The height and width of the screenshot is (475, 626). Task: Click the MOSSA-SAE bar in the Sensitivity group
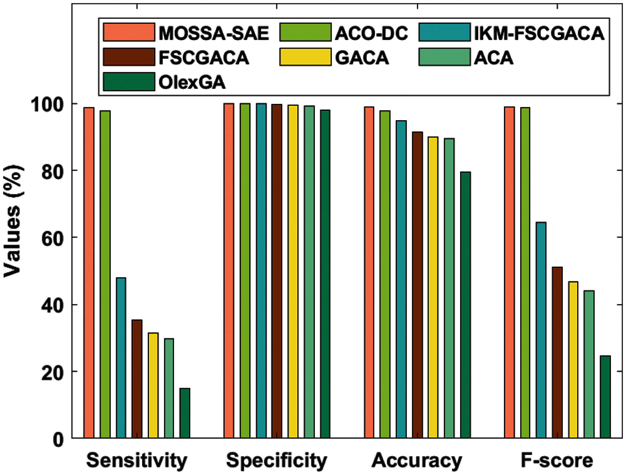89,273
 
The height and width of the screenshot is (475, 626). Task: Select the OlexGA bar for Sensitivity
185,413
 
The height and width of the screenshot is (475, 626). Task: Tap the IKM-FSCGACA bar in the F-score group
541,330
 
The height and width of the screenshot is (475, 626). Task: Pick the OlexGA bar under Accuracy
465,305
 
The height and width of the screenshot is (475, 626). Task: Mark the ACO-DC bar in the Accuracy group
385,274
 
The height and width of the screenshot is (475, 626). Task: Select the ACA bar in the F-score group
589,365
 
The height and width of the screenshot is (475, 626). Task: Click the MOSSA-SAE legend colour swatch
129,32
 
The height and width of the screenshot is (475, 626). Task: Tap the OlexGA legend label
192,82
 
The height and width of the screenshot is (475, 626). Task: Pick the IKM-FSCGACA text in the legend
539,33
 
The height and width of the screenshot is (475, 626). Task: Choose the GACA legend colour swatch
305,57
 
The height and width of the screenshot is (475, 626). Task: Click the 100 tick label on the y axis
46,104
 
